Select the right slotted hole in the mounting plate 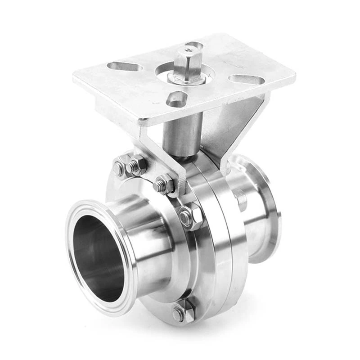(x=246, y=80)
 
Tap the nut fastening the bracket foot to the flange (x=163, y=184)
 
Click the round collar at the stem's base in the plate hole (x=187, y=78)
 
